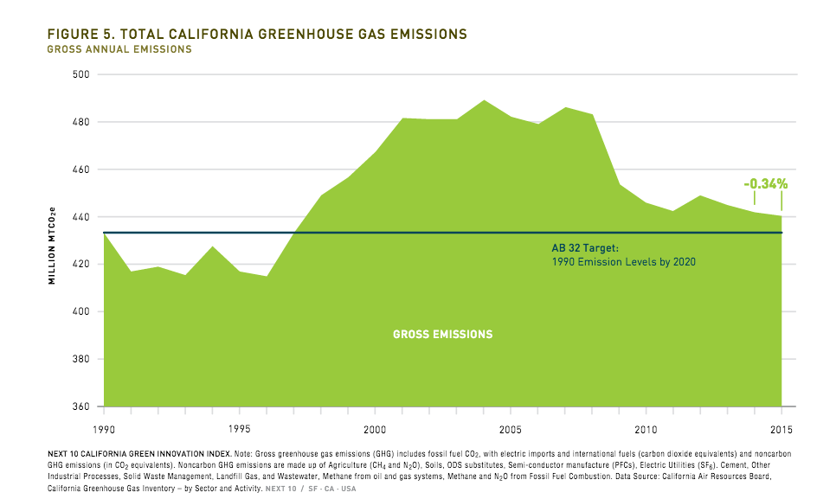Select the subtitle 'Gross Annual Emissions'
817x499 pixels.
tap(118, 49)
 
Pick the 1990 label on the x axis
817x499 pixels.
tap(105, 429)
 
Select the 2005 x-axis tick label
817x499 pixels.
tap(511, 429)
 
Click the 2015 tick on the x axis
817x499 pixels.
tap(782, 429)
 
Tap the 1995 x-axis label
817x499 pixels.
tap(240, 429)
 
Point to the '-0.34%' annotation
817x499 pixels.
tap(765, 183)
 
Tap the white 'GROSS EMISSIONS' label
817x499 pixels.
tap(442, 334)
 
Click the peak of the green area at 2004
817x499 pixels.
tap(484, 101)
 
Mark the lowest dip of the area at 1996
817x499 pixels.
tap(267, 277)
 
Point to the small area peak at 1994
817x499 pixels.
tap(213, 247)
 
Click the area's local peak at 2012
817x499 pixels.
tap(700, 196)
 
